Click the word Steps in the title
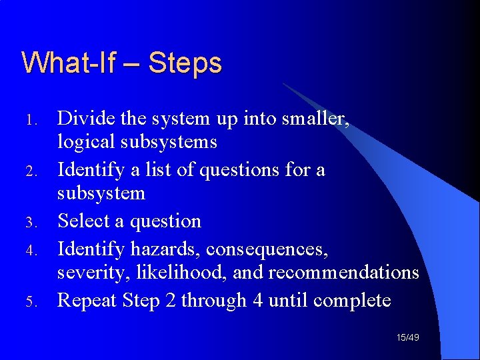(185, 64)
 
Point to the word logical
(83, 142)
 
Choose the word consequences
(267, 249)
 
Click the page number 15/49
(408, 339)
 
